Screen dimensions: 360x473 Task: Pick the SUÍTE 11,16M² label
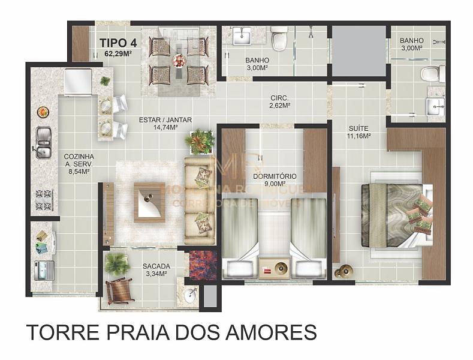point(359,131)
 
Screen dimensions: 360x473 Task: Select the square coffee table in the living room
point(149,202)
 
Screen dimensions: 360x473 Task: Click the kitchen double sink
point(43,143)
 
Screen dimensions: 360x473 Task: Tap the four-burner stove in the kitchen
point(44,200)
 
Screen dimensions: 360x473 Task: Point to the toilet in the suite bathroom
point(432,74)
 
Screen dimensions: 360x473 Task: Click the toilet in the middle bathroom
point(279,39)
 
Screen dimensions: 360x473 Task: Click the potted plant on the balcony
point(116,263)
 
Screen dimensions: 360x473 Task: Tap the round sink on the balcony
point(191,293)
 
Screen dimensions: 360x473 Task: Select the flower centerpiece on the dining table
point(179,60)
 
